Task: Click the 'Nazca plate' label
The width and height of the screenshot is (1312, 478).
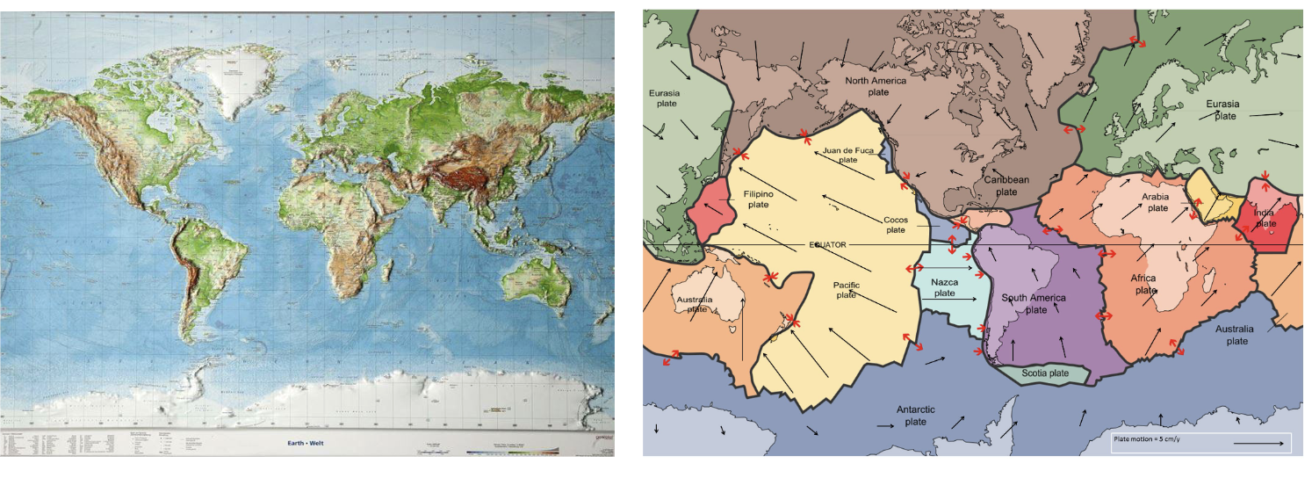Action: coord(944,287)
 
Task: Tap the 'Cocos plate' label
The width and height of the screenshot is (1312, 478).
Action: coord(895,224)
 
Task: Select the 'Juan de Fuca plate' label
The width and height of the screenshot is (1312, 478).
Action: coord(847,156)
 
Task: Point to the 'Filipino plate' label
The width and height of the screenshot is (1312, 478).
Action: coord(757,199)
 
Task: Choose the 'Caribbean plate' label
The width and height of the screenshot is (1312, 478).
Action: coord(1006,185)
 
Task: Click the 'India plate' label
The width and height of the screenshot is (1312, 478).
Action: coord(1265,217)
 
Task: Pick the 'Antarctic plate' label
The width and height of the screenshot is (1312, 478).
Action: coord(915,416)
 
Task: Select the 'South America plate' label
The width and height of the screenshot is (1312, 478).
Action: coord(1036,304)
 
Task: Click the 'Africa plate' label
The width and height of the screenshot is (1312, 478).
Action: coord(1145,284)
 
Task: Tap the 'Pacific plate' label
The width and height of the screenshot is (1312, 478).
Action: coord(846,290)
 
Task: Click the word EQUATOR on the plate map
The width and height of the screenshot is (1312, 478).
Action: coord(826,245)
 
